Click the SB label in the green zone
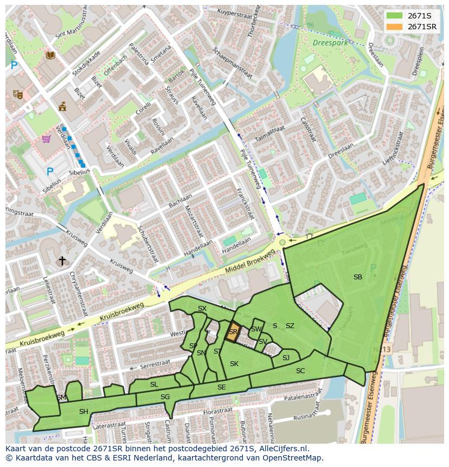(x=357, y=277)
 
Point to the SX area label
(x=202, y=309)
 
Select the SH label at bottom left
(x=84, y=412)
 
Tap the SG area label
(x=165, y=397)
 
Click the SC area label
(x=300, y=371)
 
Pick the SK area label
(x=234, y=363)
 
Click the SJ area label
(x=286, y=357)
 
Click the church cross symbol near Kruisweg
(x=62, y=261)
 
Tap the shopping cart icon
(x=47, y=139)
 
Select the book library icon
(x=50, y=55)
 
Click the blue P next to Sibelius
(x=50, y=171)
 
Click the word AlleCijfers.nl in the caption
(x=283, y=449)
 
